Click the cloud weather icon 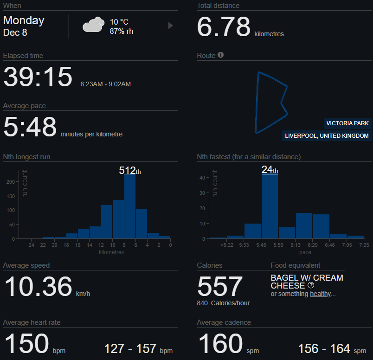pyautogui.click(x=93, y=25)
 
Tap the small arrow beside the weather pyautogui.click(x=170, y=26)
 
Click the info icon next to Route pyautogui.click(x=221, y=55)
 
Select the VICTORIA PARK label pyautogui.click(x=347, y=123)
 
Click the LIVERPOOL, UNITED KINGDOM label pyautogui.click(x=327, y=136)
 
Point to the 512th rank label pyautogui.click(x=129, y=170)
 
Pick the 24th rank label pyautogui.click(x=270, y=170)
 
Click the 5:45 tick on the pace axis pyautogui.click(x=261, y=245)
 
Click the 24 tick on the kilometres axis pyautogui.click(x=32, y=245)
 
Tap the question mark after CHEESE pyautogui.click(x=311, y=286)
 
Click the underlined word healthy pyautogui.click(x=320, y=294)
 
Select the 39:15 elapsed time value pyautogui.click(x=38, y=77)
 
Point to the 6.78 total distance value pyautogui.click(x=224, y=27)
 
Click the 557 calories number pyautogui.click(x=220, y=286)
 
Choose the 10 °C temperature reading pyautogui.click(x=119, y=22)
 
